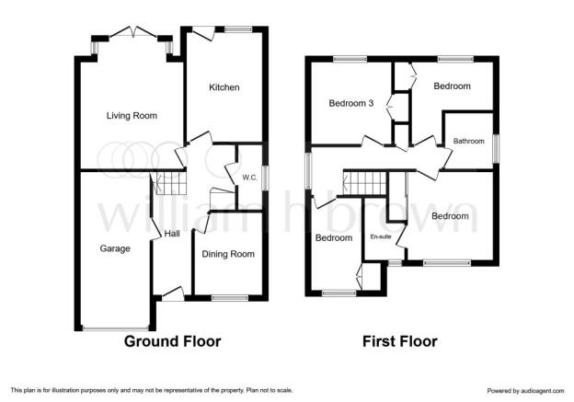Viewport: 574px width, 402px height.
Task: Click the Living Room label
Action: (x=132, y=116)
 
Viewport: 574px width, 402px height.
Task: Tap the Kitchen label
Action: (x=224, y=87)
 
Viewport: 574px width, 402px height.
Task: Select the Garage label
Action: (x=115, y=248)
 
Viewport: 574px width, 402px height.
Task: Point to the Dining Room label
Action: (x=228, y=254)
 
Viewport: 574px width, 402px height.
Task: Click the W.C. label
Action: (x=250, y=178)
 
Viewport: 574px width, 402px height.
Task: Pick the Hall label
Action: (x=172, y=234)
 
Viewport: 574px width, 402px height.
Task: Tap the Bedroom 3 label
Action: (x=351, y=103)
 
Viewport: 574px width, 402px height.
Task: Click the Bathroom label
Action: (x=468, y=141)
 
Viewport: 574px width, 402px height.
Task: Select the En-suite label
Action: (x=381, y=237)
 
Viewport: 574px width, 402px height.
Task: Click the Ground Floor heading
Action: (x=172, y=341)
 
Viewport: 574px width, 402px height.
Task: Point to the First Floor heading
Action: (x=400, y=341)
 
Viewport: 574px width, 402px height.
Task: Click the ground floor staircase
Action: (x=169, y=184)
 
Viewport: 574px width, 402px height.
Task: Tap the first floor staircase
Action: (x=364, y=183)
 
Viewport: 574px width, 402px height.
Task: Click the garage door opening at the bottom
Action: (x=116, y=328)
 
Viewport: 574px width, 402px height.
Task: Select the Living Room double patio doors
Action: (x=133, y=32)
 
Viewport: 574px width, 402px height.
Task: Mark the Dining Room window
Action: (x=230, y=298)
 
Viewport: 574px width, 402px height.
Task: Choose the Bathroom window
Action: (x=496, y=149)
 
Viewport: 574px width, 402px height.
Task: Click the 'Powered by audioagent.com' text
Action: (x=525, y=391)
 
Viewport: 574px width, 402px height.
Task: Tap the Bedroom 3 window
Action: (x=350, y=59)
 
